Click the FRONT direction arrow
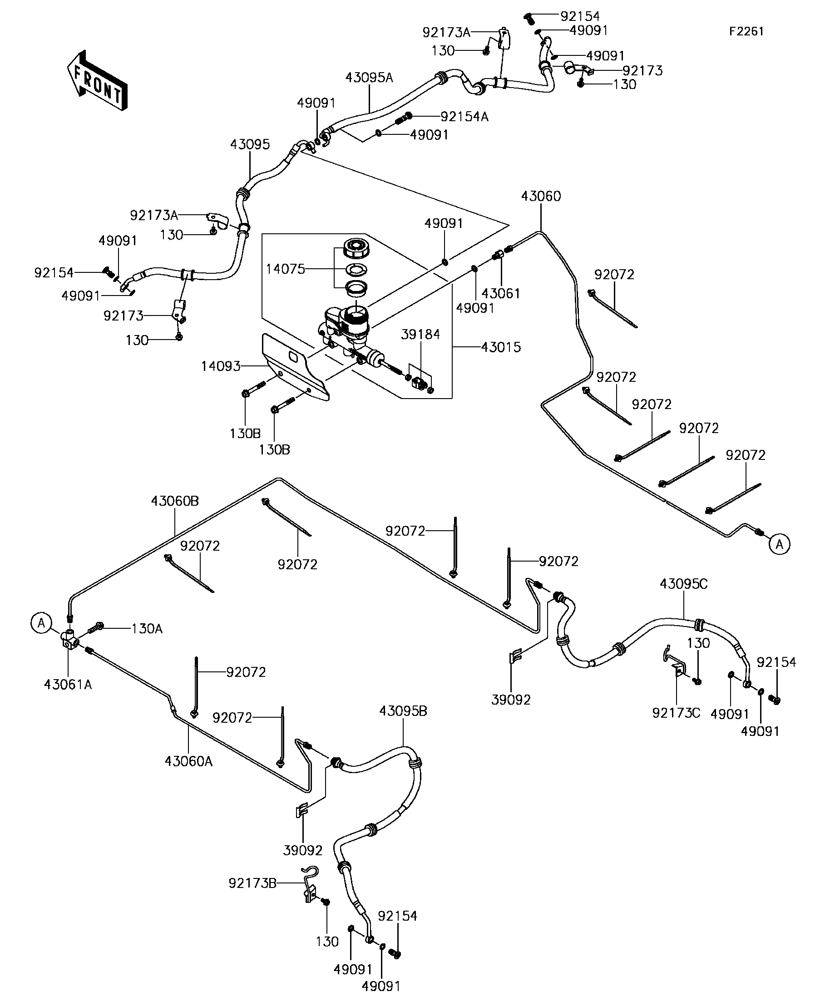tap(97, 80)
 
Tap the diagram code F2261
tap(746, 31)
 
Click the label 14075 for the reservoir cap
tap(285, 269)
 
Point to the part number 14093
tap(221, 366)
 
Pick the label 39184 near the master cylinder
tap(420, 335)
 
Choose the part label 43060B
tap(175, 501)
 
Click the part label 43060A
tap(189, 761)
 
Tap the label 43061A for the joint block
tap(68, 685)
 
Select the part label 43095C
tap(684, 584)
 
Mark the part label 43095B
tap(403, 711)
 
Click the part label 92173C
tap(676, 713)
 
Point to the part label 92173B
tap(252, 883)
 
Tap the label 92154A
tap(464, 117)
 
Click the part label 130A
tap(147, 629)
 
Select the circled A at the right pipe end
tap(780, 544)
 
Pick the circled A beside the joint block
tap(41, 623)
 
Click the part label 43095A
tap(369, 78)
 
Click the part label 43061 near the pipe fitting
tap(500, 293)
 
